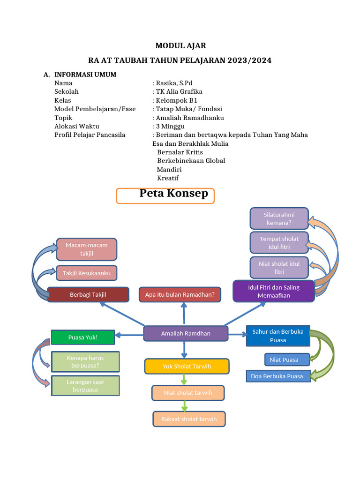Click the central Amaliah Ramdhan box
coord(186,333)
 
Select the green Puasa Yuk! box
coord(83,337)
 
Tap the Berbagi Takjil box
coord(88,294)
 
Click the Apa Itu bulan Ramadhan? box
coord(180,294)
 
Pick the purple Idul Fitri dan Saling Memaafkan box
coord(274,291)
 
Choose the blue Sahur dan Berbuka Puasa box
coord(278,336)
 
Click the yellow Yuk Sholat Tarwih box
coord(187,367)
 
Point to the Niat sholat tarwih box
coord(188,392)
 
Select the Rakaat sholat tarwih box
coord(189,419)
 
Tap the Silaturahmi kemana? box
coord(279,218)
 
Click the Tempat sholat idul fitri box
coord(279,242)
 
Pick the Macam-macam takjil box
coord(86,249)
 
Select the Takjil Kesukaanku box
coord(86,272)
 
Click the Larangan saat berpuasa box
coord(85,386)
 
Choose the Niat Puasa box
coord(284,360)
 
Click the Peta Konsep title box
coord(165,195)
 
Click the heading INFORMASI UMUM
coord(85,75)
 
